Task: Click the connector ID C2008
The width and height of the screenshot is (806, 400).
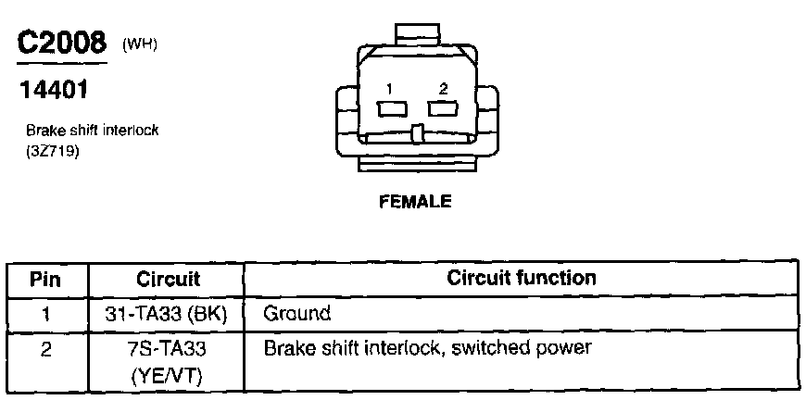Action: coord(61,43)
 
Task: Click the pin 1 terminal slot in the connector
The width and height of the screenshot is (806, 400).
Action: coord(392,108)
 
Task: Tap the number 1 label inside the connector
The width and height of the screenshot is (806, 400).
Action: coord(390,89)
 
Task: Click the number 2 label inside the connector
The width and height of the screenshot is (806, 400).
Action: coord(444,89)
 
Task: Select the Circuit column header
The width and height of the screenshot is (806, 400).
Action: coord(168,279)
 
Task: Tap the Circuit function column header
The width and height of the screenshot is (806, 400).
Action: coord(522,278)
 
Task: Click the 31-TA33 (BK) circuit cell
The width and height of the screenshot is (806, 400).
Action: coord(168,313)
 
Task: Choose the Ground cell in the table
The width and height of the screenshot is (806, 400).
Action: coord(296,313)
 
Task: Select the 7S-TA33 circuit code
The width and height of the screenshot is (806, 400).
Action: coord(168,349)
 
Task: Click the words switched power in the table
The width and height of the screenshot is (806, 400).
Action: coord(538,349)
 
